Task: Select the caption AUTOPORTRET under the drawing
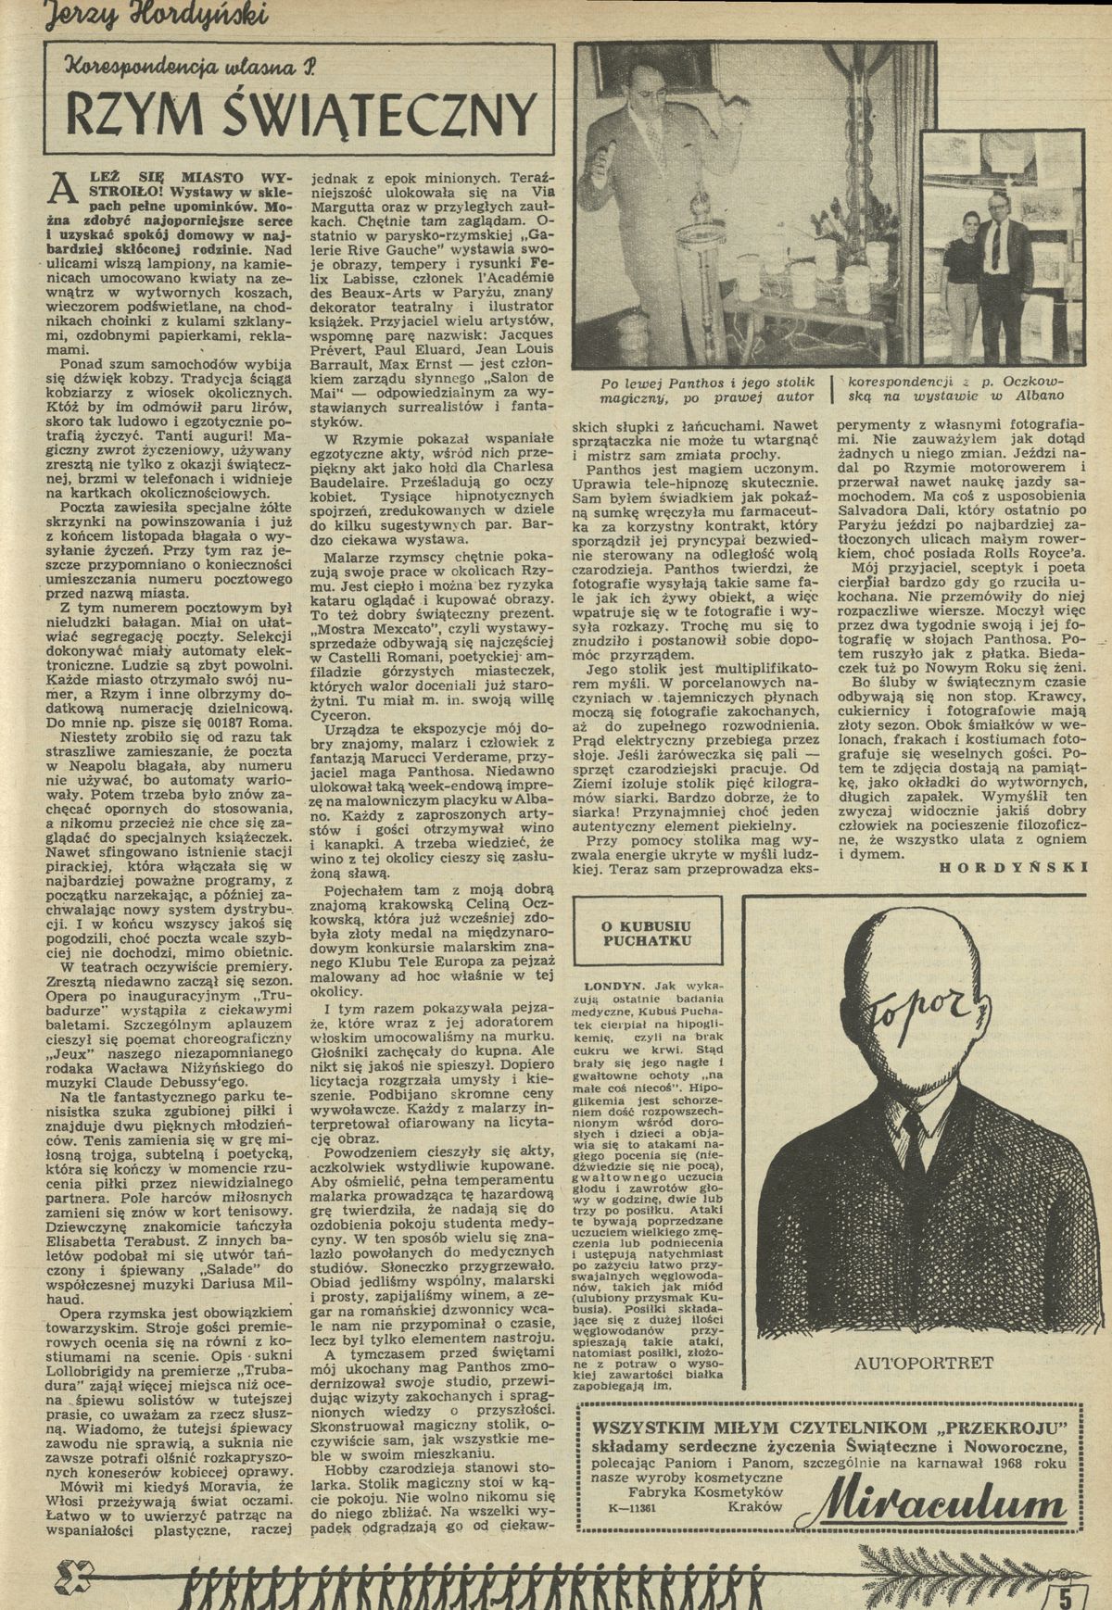[x=925, y=1363]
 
